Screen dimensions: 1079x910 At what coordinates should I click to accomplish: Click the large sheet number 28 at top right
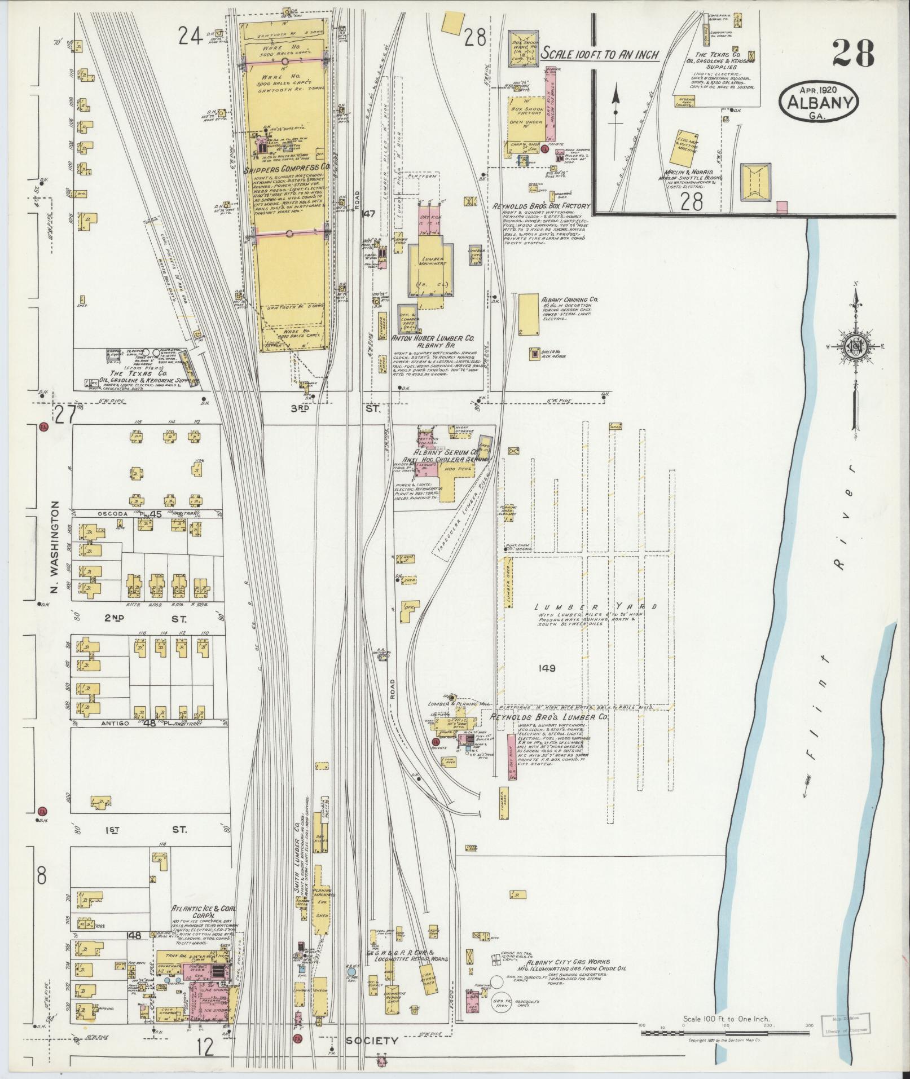point(852,54)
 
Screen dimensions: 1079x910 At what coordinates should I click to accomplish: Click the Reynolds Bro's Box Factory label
point(540,206)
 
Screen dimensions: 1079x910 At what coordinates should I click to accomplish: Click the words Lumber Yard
point(596,607)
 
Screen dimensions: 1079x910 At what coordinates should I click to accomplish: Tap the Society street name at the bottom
point(372,1041)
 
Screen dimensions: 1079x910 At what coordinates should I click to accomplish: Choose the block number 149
point(547,668)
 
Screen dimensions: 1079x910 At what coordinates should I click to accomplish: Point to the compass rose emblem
point(855,349)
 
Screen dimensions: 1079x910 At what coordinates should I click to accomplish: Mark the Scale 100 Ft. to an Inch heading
point(600,54)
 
